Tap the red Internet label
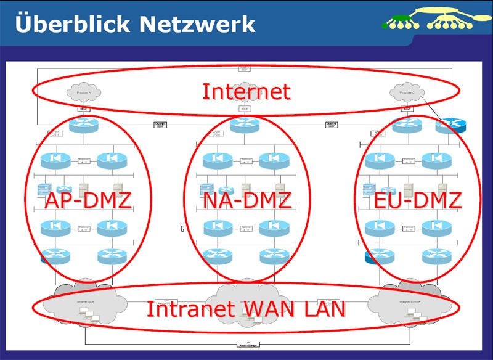(246, 91)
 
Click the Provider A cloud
(84, 92)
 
